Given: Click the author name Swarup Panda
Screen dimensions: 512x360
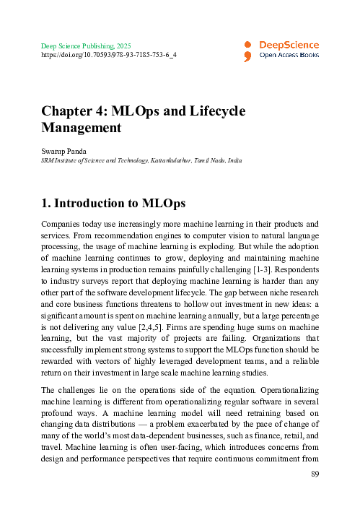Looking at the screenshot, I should pos(65,151).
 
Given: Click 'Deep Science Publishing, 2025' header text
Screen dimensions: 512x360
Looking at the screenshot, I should pos(87,45).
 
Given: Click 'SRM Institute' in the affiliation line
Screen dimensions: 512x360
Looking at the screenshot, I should pos(61,160).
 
